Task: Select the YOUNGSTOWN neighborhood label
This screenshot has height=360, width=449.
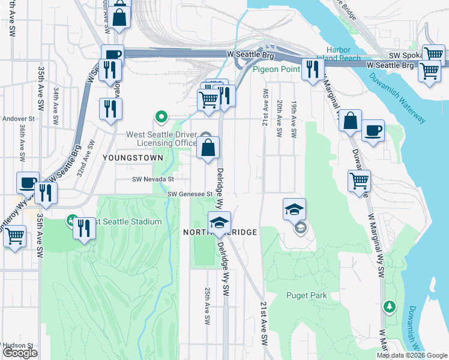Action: pyautogui.click(x=133, y=157)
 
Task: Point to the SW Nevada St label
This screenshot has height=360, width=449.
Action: pyautogui.click(x=154, y=179)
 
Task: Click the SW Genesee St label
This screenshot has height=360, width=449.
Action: pyautogui.click(x=190, y=194)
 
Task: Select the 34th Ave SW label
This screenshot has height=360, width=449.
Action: pyautogui.click(x=55, y=106)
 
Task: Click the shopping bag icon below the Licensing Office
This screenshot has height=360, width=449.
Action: pyautogui.click(x=208, y=148)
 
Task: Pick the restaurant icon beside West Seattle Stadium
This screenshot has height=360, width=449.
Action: pyautogui.click(x=85, y=229)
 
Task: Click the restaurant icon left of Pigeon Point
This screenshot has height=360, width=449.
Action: pyautogui.click(x=311, y=70)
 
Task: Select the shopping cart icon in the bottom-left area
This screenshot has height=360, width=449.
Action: pyautogui.click(x=14, y=236)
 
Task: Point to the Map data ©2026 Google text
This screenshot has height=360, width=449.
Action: pyautogui.click(x=411, y=355)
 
